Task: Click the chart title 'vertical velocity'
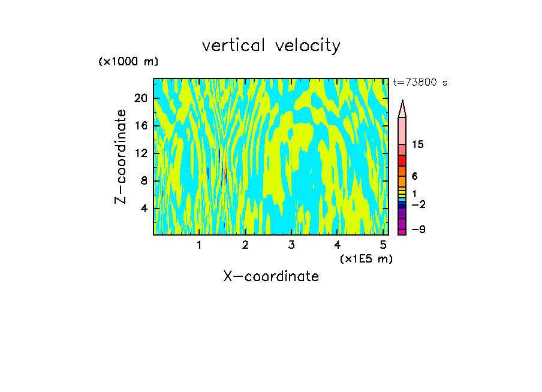click(x=271, y=46)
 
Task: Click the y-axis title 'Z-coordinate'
click(x=121, y=156)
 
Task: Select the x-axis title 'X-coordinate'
click(x=271, y=276)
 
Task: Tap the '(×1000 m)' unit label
click(x=128, y=62)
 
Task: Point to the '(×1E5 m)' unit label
click(x=366, y=258)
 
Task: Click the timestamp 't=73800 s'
click(x=420, y=83)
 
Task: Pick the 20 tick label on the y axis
click(x=141, y=98)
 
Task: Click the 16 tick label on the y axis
click(x=141, y=126)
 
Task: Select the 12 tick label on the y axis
click(x=141, y=153)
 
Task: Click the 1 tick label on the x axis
click(x=199, y=245)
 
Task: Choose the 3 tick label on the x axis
click(x=291, y=245)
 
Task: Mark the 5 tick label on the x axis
click(x=383, y=245)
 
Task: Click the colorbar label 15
click(x=418, y=144)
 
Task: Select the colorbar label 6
click(x=414, y=176)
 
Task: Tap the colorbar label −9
click(x=418, y=230)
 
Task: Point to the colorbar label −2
click(x=418, y=205)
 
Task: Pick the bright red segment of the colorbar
click(x=402, y=161)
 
